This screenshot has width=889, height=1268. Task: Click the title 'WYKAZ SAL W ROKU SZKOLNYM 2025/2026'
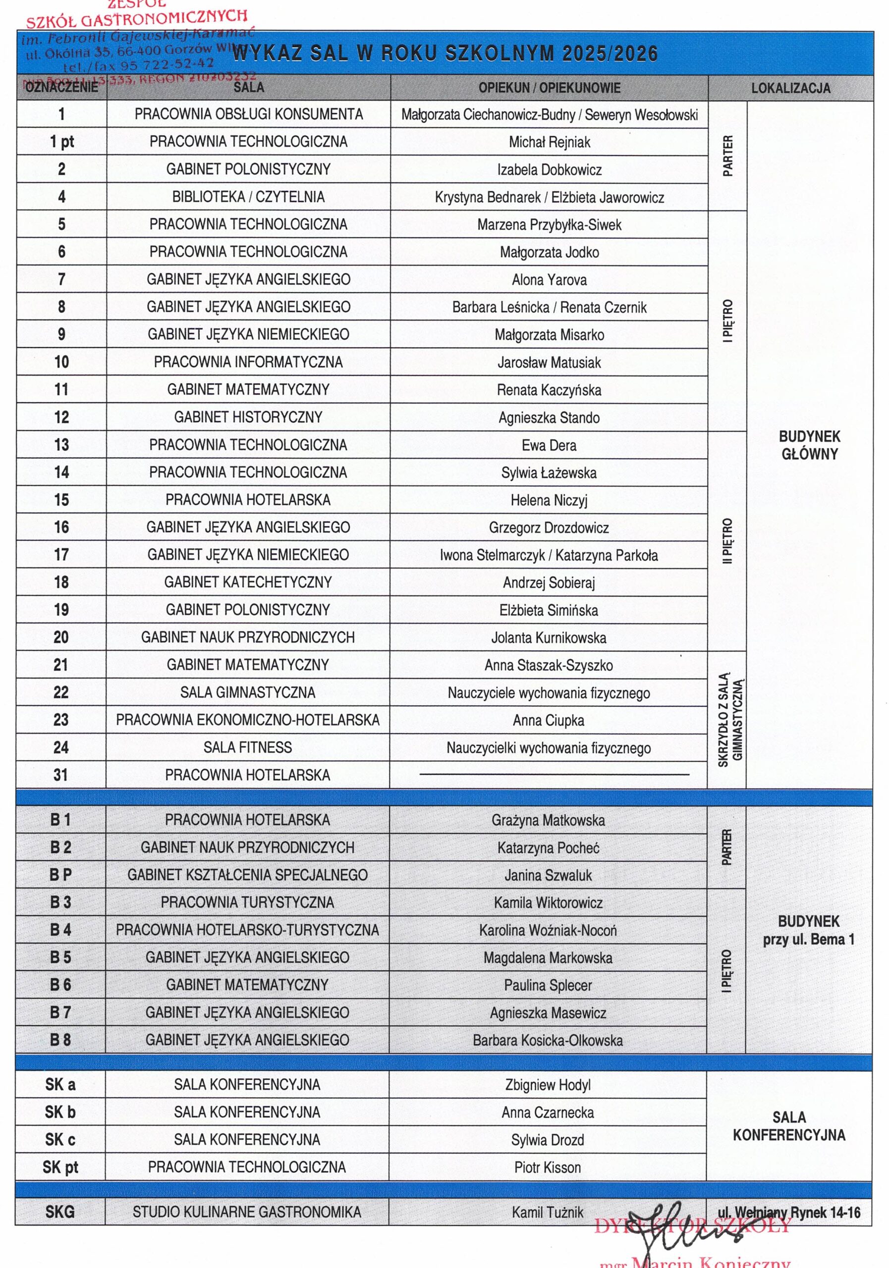[445, 53]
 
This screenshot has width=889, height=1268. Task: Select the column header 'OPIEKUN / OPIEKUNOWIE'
[549, 88]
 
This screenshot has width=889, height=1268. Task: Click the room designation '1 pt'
[61, 142]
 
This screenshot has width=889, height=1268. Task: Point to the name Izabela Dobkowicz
[549, 169]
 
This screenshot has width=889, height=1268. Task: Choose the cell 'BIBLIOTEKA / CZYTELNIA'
[248, 197]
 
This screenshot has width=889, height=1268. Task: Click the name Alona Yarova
[549, 279]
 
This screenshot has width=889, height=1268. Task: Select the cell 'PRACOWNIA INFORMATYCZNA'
[248, 362]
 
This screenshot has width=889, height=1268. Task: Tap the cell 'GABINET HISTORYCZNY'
[248, 417]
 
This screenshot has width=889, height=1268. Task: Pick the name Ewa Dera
[549, 445]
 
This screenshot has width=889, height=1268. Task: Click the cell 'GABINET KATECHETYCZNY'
[248, 582]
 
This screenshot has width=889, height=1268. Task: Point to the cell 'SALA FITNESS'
[248, 747]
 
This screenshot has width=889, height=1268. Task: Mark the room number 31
[61, 775]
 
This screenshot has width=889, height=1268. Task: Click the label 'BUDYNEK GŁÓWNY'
[809, 445]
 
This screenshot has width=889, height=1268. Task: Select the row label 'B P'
[60, 875]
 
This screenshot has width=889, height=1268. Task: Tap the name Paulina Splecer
[548, 985]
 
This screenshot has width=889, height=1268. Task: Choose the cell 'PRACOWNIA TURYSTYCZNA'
[248, 902]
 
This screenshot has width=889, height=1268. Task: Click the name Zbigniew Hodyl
[548, 1085]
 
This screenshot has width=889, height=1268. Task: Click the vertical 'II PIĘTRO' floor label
[727, 541]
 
